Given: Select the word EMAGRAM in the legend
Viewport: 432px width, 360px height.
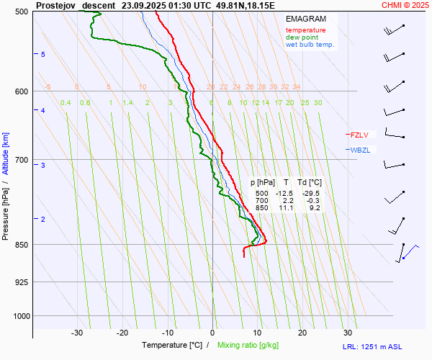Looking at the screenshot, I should click(305, 18).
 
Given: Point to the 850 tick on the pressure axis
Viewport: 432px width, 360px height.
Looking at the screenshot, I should click(20, 245).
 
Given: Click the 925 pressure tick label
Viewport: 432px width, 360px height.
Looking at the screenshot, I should click(20, 282).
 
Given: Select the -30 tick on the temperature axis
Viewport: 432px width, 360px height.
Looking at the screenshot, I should click(77, 333).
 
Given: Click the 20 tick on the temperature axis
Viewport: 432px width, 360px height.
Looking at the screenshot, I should click(302, 333).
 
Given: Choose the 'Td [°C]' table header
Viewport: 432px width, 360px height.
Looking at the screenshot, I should click(310, 183).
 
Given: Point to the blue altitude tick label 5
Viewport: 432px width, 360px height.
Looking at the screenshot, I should click(43, 55).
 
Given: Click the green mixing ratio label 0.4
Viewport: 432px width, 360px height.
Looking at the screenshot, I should click(66, 103).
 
